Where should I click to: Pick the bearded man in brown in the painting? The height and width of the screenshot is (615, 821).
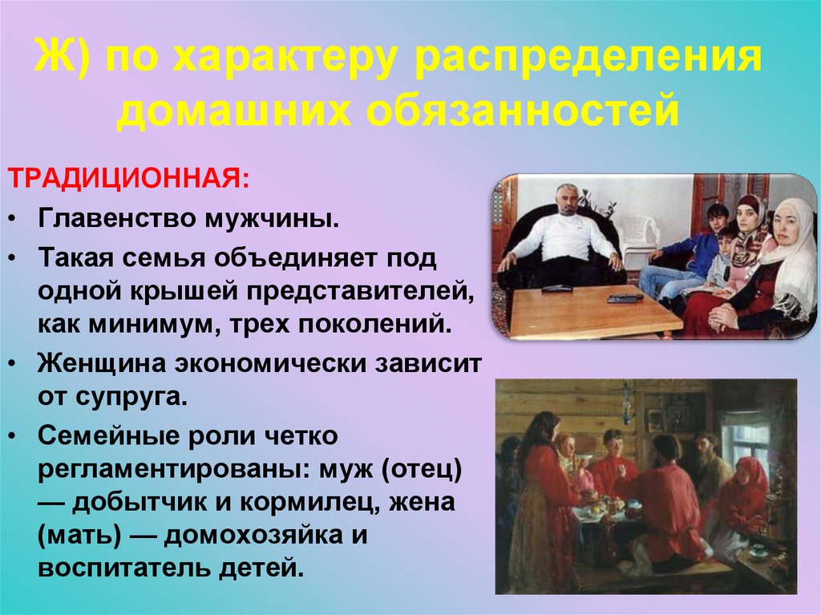[x=709, y=465]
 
